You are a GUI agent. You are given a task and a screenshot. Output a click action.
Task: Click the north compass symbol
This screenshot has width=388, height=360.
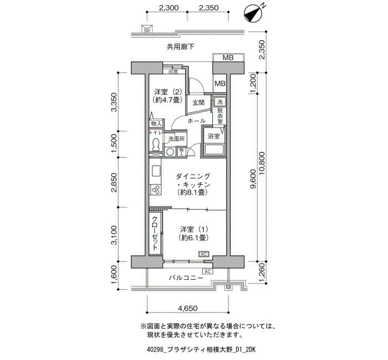tap(254, 13)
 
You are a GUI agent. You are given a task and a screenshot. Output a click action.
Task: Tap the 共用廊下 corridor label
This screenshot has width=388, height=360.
tap(180, 47)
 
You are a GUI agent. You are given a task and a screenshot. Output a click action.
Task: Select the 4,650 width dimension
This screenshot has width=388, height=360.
tap(188, 308)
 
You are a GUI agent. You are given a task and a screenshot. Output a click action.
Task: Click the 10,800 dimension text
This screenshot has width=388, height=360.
tap(261, 163)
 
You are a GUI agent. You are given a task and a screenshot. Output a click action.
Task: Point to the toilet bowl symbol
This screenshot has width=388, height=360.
tap(156, 144)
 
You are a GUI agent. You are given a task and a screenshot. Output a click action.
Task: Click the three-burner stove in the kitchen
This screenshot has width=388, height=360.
tap(155, 190)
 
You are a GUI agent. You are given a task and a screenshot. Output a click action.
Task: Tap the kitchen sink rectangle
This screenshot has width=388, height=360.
tap(156, 171)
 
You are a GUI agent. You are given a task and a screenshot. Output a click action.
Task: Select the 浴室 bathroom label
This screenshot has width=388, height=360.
tap(213, 136)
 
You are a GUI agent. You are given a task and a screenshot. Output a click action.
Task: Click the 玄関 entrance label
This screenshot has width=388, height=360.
tap(198, 102)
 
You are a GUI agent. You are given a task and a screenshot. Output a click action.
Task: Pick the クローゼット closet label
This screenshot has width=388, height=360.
tap(155, 233)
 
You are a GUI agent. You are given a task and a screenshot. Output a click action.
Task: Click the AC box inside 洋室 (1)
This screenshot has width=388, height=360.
tap(203, 254)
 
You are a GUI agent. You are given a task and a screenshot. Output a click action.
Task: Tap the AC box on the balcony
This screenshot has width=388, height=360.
tap(208, 271)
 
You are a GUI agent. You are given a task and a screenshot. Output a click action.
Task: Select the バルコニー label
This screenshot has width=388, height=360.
tap(186, 277)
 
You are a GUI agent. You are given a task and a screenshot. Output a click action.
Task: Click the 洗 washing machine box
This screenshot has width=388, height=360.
tap(219, 102)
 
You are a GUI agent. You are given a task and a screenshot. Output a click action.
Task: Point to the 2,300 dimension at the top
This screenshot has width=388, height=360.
tap(169, 8)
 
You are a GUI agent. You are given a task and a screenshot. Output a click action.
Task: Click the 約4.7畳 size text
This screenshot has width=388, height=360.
tap(168, 100)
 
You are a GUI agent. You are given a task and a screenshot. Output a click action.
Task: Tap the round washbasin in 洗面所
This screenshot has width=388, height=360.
tap(170, 152)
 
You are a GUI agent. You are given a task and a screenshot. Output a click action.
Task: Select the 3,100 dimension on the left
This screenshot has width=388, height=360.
tap(114, 235)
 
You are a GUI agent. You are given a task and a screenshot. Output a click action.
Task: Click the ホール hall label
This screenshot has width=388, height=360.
tap(196, 121)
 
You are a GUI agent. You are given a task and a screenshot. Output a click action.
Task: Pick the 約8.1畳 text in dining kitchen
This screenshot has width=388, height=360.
tap(192, 192)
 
